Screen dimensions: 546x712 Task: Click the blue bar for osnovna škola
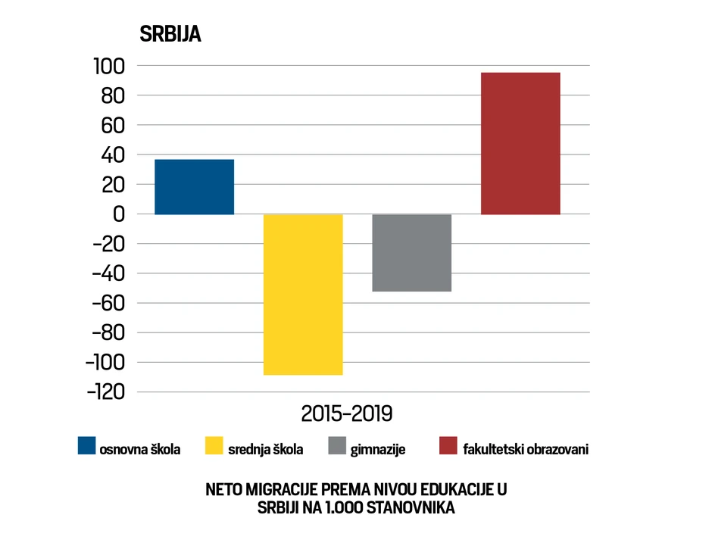194,187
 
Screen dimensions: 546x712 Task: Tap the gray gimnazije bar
412,252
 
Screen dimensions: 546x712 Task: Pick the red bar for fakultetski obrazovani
520,143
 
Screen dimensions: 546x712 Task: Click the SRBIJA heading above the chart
169,36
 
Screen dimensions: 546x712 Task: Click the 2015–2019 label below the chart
348,414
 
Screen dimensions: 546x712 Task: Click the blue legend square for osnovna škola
87,446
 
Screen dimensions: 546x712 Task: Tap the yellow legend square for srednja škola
215,446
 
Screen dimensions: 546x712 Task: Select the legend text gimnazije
378,449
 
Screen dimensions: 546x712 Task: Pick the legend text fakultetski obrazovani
526,449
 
